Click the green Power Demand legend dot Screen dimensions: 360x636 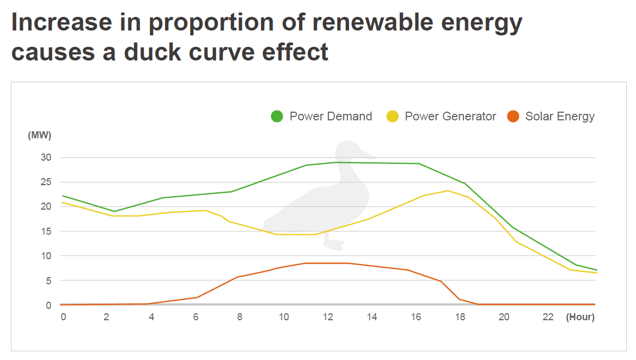pyautogui.click(x=277, y=116)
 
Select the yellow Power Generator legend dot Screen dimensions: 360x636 pyautogui.click(x=393, y=116)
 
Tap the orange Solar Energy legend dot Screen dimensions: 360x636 pyautogui.click(x=513, y=116)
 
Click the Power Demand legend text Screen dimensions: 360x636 pyautogui.click(x=331, y=116)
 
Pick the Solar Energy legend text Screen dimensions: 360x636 pyautogui.click(x=560, y=116)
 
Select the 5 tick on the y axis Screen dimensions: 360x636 pyautogui.click(x=48, y=281)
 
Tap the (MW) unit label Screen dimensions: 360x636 pyautogui.click(x=39, y=135)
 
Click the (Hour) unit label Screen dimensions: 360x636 pyautogui.click(x=580, y=317)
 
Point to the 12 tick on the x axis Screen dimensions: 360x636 pyautogui.click(x=328, y=317)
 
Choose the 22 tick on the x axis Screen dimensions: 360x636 pyautogui.click(x=548, y=317)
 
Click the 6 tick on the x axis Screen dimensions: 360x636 pyautogui.click(x=195, y=317)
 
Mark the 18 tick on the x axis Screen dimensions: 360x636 pyautogui.click(x=460, y=317)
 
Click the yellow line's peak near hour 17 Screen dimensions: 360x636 pyautogui.click(x=448, y=191)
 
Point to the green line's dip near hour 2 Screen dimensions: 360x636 pyautogui.click(x=114, y=211)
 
